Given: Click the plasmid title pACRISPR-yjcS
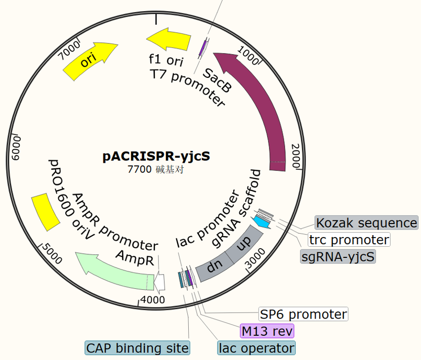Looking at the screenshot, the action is pos(156,156).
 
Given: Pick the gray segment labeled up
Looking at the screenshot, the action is pos(243,243).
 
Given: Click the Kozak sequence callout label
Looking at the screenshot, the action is pos(366,222).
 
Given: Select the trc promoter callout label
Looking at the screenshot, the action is pos(349,240).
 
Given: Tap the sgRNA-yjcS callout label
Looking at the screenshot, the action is pos(338,256).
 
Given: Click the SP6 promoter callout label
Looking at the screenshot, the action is pos(304,314).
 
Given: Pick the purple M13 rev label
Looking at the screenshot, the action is pos(267,331).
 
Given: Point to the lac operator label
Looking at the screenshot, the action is pos(257,348).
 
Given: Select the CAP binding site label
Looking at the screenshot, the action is pos(138,348).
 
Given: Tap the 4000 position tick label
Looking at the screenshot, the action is pos(153,300).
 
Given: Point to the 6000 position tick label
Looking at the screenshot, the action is pos(16,148).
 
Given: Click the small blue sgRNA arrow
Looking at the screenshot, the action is pos(262,222).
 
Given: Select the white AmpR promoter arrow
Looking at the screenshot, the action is pos(159,282).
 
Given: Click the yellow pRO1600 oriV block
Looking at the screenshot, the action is pos(46,212).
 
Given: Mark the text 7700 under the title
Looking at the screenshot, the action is pos(140,169).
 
